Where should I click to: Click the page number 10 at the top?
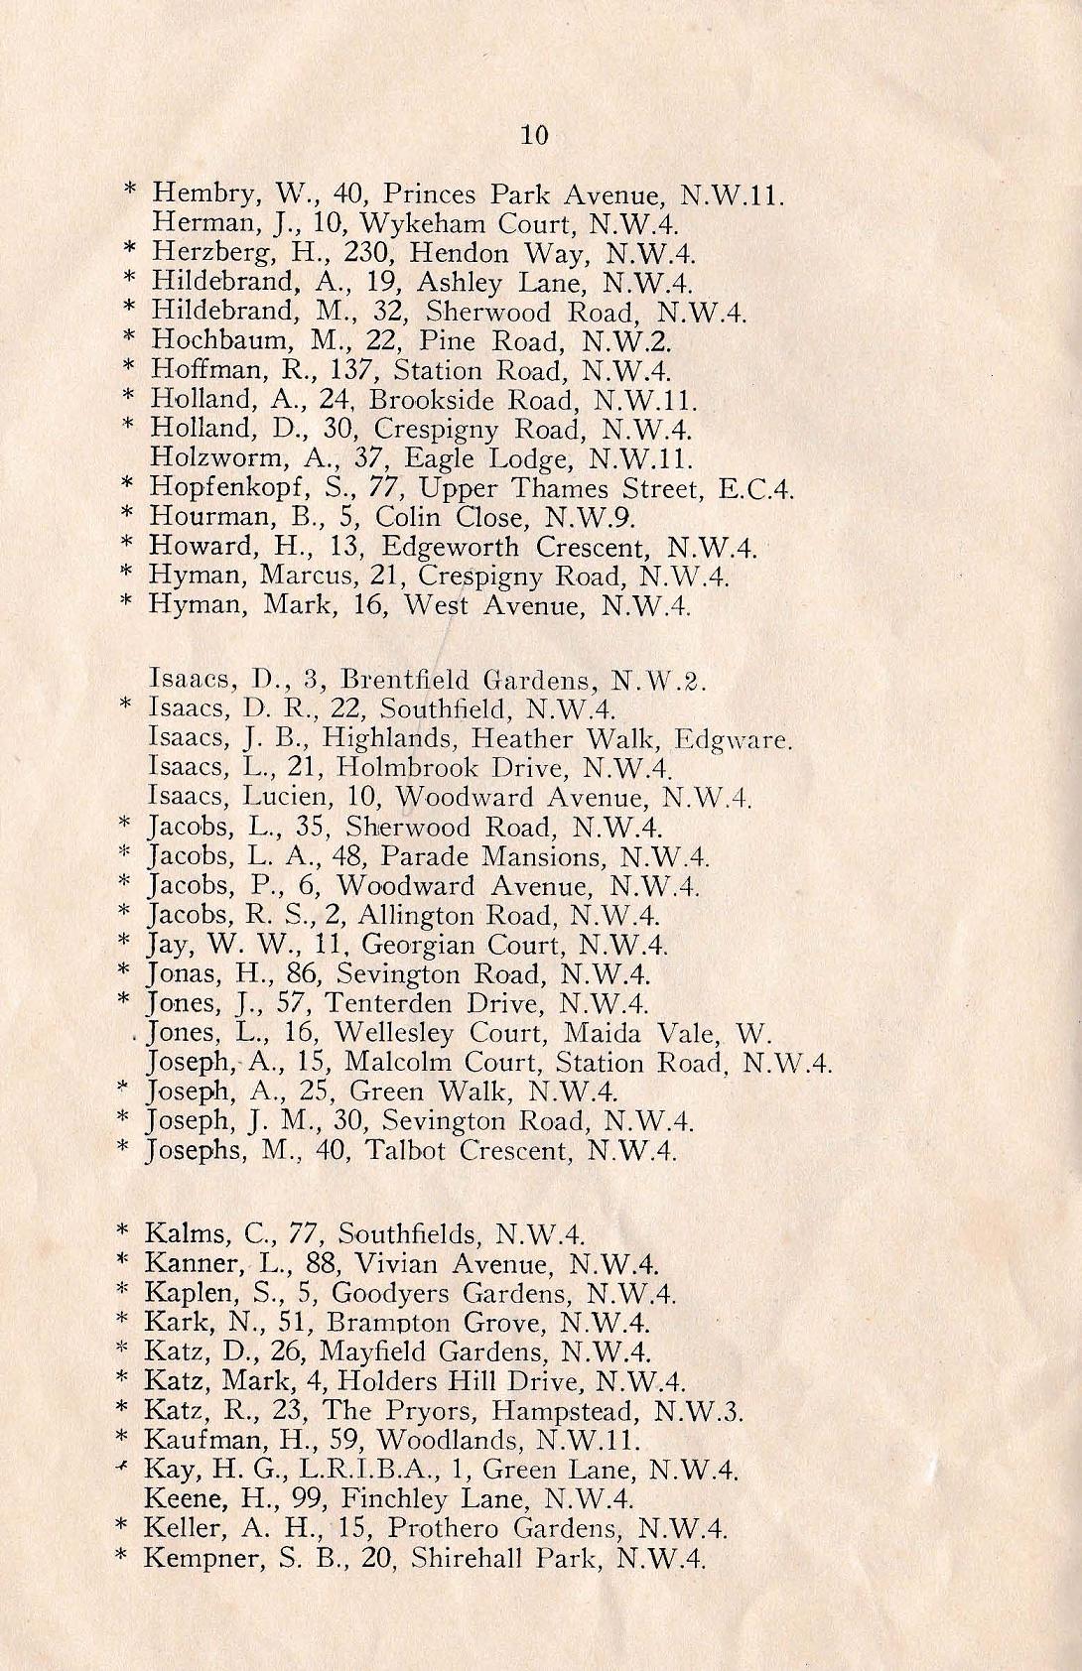click(x=534, y=135)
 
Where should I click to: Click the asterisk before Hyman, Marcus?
click(x=126, y=576)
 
